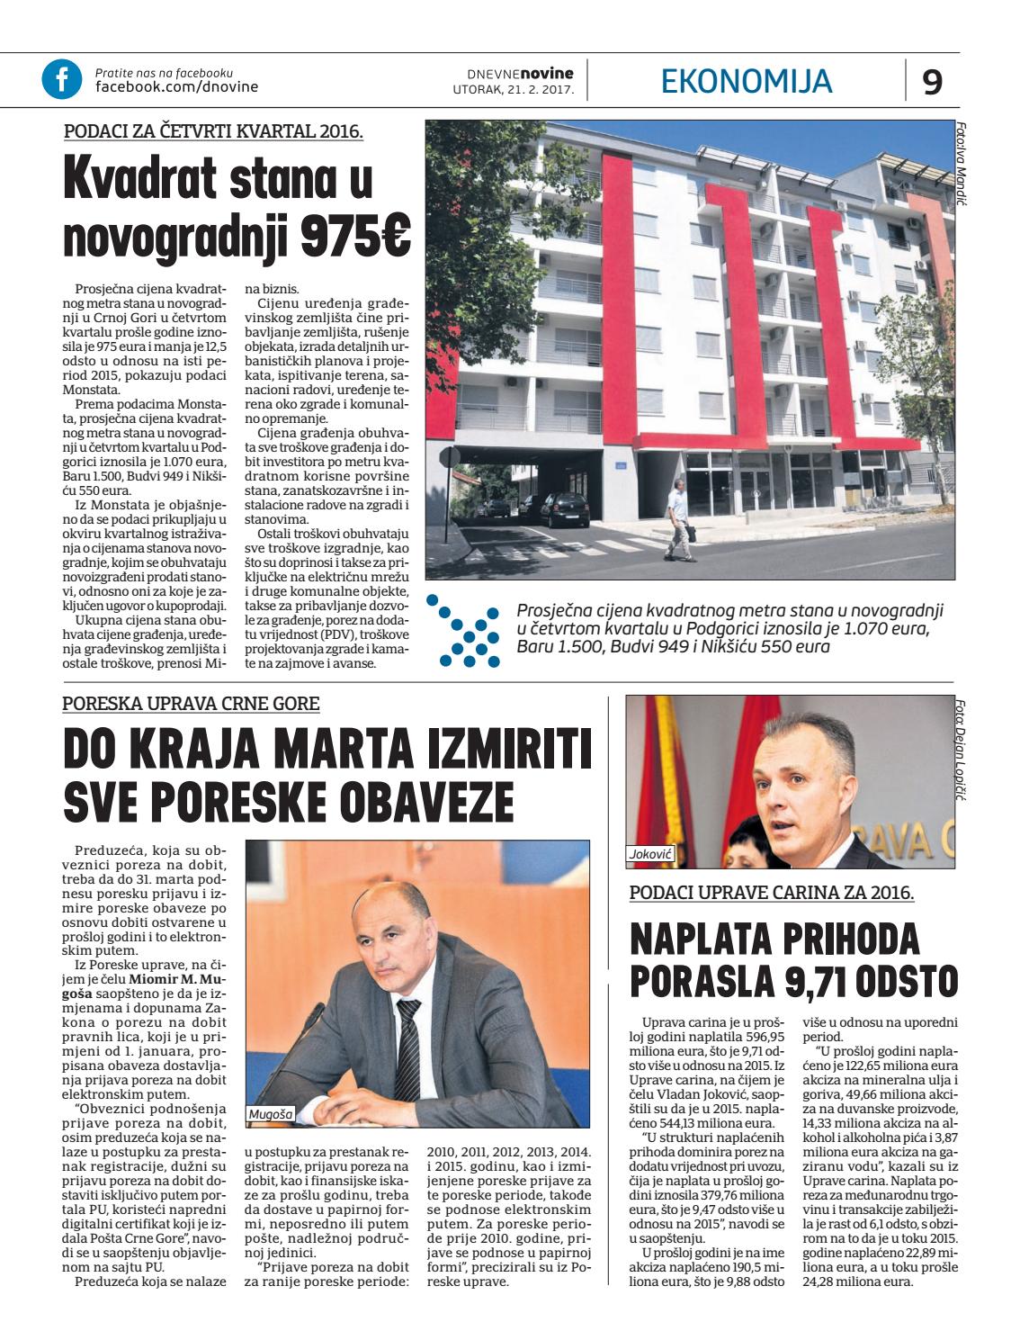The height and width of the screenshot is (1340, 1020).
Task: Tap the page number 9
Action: point(933,82)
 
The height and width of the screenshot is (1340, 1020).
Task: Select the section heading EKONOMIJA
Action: point(747,81)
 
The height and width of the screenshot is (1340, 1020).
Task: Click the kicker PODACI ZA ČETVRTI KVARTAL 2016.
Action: point(213,131)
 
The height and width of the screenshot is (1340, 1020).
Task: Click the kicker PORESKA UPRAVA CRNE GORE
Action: point(192,704)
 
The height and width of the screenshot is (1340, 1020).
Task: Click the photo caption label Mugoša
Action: point(270,1114)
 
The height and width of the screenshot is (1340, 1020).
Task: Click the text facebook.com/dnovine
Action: point(176,86)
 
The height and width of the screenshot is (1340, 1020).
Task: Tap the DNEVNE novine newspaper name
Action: point(520,71)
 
